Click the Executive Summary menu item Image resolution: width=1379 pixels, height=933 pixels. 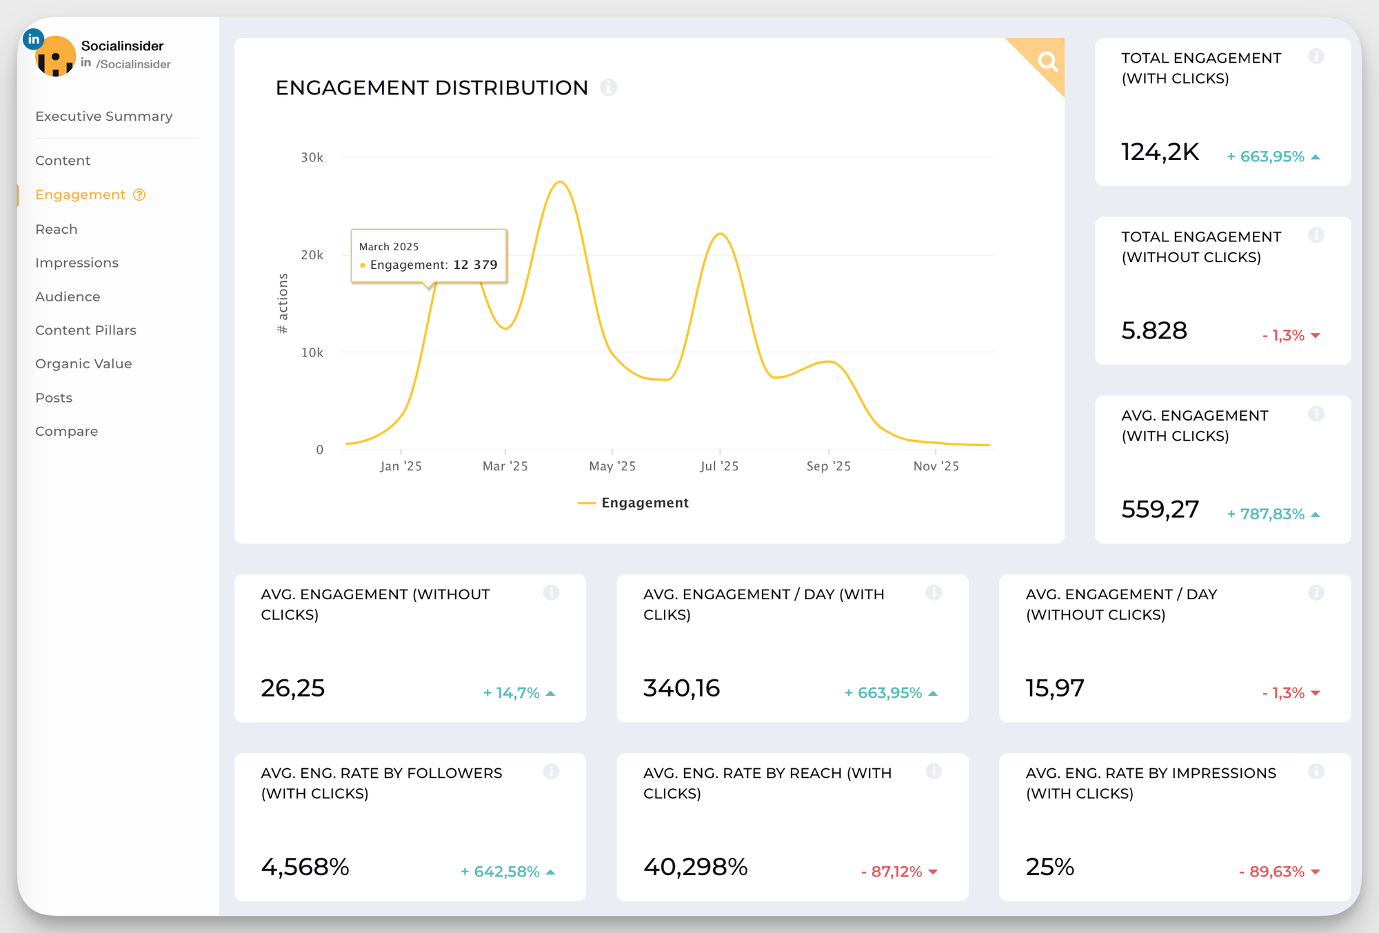(103, 117)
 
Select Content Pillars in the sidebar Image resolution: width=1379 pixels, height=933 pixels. (85, 330)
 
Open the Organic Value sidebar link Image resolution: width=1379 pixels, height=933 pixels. (83, 364)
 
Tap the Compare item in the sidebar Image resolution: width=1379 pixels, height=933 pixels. (66, 432)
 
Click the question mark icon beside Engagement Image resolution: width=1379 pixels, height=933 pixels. (139, 195)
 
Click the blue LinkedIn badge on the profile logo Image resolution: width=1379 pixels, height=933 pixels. (33, 39)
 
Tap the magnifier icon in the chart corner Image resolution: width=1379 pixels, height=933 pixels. (1047, 62)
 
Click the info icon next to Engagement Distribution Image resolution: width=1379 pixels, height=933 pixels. (608, 88)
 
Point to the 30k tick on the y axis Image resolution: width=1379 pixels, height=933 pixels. (312, 158)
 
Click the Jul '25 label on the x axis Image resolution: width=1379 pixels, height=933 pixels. (719, 467)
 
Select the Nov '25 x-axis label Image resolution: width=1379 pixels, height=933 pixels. (936, 467)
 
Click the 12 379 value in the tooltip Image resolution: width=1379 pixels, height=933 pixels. (475, 265)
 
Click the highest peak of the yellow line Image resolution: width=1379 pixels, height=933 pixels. (561, 182)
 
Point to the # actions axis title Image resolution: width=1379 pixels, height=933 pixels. (283, 303)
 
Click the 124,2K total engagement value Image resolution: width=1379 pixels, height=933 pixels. (1160, 152)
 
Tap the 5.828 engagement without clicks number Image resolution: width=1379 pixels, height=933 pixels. (1154, 331)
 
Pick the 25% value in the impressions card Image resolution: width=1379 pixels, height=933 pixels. (1049, 867)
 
